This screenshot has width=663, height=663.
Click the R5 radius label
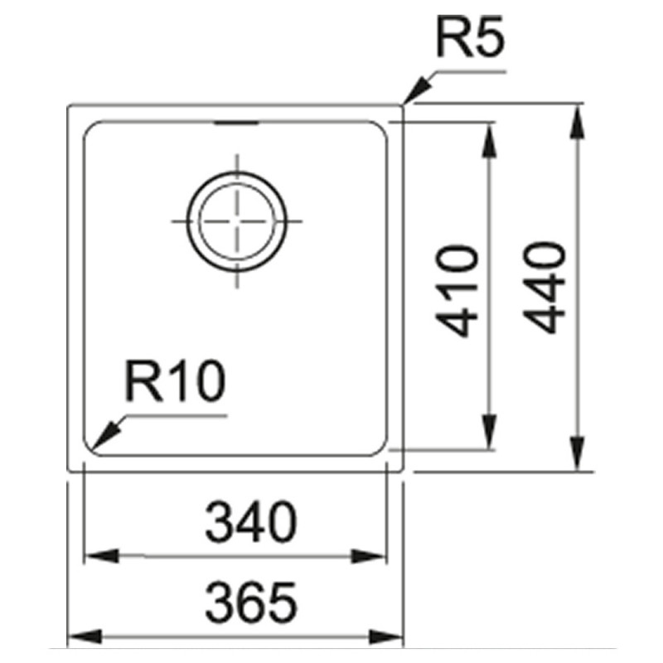click(471, 36)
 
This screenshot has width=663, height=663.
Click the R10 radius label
click(175, 381)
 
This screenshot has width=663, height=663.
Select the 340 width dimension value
click(251, 522)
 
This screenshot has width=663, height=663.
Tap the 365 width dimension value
click(251, 603)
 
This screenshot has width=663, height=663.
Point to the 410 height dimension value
click(457, 291)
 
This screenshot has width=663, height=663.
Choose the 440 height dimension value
click(544, 288)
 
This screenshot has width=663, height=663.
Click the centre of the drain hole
click(237, 221)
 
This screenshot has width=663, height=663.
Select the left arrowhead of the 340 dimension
click(101, 555)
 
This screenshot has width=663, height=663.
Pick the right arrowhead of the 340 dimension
click(369, 555)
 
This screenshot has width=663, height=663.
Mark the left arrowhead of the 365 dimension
click(85, 636)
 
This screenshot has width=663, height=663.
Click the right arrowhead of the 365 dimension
click(385, 636)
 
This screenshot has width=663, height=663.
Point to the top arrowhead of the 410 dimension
click(489, 141)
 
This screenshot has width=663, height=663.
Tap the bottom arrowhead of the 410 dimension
click(489, 432)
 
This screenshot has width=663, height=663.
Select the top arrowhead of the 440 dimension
click(577, 122)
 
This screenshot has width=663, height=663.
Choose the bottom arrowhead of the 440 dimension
click(577, 453)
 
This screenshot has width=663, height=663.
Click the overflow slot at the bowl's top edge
click(236, 123)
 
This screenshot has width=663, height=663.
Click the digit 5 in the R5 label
click(489, 37)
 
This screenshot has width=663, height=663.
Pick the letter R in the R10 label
click(143, 381)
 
